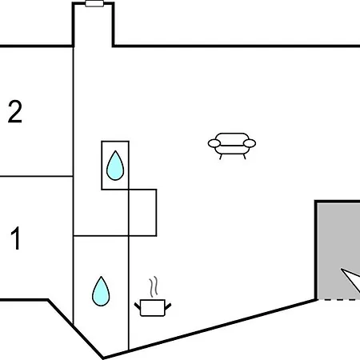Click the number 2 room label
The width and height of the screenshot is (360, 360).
[15, 111]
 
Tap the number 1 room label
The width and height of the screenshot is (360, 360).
[16, 238]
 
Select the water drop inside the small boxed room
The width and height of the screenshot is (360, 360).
[115, 166]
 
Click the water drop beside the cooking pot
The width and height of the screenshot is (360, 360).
[101, 291]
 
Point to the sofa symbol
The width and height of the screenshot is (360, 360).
[232, 146]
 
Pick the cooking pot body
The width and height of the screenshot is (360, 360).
[153, 308]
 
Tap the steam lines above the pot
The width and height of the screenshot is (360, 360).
[154, 286]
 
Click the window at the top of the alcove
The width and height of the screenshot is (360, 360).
[94, 3]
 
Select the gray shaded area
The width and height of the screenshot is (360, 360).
[338, 250]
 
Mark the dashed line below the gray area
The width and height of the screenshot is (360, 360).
[338, 300]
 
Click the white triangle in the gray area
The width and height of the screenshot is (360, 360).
[352, 278]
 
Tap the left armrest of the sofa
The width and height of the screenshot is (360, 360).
[214, 143]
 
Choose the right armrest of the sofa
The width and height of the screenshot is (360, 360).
[250, 143]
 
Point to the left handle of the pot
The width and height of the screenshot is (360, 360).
[138, 306]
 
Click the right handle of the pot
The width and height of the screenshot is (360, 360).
[168, 306]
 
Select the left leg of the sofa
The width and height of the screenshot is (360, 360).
[221, 157]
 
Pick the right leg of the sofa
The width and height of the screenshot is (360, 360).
[244, 157]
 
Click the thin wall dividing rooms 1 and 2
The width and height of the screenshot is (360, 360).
[36, 176]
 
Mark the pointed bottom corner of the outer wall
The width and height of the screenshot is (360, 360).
[103, 358]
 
